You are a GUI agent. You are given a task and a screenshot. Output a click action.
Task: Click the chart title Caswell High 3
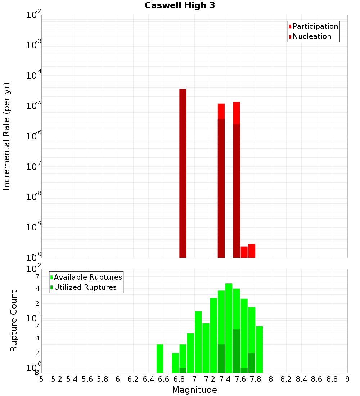click(x=180, y=6)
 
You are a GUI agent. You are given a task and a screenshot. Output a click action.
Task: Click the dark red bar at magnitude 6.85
click(x=183, y=173)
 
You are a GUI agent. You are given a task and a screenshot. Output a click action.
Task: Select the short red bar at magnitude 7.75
click(x=252, y=251)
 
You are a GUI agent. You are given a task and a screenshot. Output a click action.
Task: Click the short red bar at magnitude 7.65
click(x=244, y=252)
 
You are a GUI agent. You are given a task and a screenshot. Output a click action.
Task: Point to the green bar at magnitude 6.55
click(x=160, y=358)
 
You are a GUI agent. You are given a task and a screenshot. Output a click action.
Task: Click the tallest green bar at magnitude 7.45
click(x=229, y=328)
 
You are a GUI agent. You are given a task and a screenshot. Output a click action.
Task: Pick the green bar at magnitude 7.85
click(x=259, y=349)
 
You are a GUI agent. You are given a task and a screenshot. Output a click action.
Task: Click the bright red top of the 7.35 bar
click(x=221, y=111)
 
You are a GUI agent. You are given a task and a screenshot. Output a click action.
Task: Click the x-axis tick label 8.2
click(x=286, y=379)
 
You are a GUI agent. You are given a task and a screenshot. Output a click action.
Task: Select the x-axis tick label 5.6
click(x=87, y=379)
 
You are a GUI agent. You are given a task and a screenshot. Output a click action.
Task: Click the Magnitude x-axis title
click(x=194, y=390)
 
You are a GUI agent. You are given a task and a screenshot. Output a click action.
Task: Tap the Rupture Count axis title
click(x=14, y=321)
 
